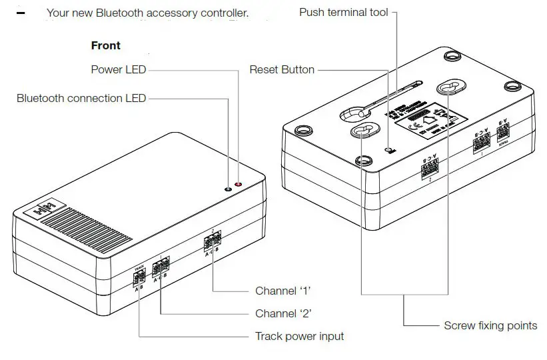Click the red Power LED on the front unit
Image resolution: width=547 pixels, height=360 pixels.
click(x=239, y=185)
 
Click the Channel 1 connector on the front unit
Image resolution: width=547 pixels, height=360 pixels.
click(x=212, y=243)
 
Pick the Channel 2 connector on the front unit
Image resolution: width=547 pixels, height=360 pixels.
click(x=161, y=268)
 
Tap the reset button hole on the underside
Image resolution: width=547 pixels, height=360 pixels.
click(x=391, y=149)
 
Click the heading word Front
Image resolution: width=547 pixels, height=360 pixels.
click(x=106, y=46)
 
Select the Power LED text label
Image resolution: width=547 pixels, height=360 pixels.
click(x=118, y=69)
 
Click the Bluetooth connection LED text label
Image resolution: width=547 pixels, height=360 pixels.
click(x=81, y=99)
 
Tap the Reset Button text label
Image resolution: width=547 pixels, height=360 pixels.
click(x=282, y=69)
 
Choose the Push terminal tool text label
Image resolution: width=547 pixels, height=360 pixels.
click(x=343, y=13)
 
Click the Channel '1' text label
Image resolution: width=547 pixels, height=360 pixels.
click(x=283, y=291)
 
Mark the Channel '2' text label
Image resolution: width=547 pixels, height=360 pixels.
click(x=283, y=313)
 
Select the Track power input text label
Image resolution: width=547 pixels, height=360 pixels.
click(x=300, y=336)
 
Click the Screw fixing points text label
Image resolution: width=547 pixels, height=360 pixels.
click(x=490, y=325)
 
